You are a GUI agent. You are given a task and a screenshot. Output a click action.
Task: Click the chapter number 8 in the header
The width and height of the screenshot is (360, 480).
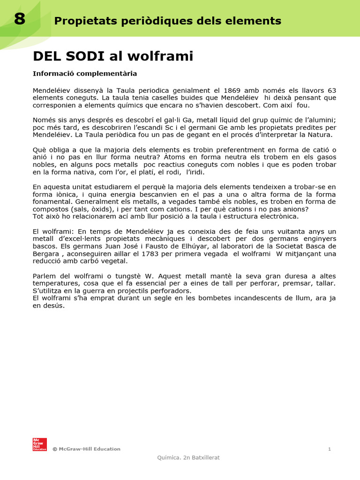click(x=19, y=19)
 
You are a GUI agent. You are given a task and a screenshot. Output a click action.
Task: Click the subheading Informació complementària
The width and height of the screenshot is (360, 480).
click(x=85, y=74)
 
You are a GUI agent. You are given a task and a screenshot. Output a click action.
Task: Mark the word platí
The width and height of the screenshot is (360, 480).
click(x=125, y=172)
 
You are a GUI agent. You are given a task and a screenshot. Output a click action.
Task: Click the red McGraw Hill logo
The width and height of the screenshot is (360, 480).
click(x=39, y=444)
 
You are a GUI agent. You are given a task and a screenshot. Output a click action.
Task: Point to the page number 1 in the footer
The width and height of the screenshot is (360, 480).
click(x=330, y=449)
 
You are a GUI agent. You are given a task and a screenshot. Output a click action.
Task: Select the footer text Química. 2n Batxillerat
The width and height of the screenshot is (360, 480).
click(x=188, y=458)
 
